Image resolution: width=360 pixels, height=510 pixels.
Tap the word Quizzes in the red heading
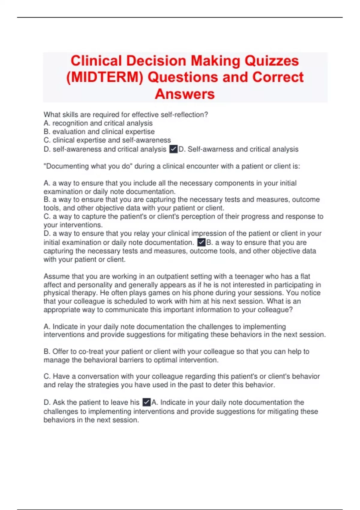pos(271,61)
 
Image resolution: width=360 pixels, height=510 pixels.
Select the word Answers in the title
pos(185,94)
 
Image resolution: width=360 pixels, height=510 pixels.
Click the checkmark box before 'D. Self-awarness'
pos(173,149)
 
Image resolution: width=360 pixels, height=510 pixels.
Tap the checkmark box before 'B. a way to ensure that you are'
pos(201,242)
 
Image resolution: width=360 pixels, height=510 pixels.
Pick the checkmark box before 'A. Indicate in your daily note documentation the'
pos(146,402)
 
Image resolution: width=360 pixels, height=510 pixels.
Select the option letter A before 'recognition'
pos(46,123)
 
